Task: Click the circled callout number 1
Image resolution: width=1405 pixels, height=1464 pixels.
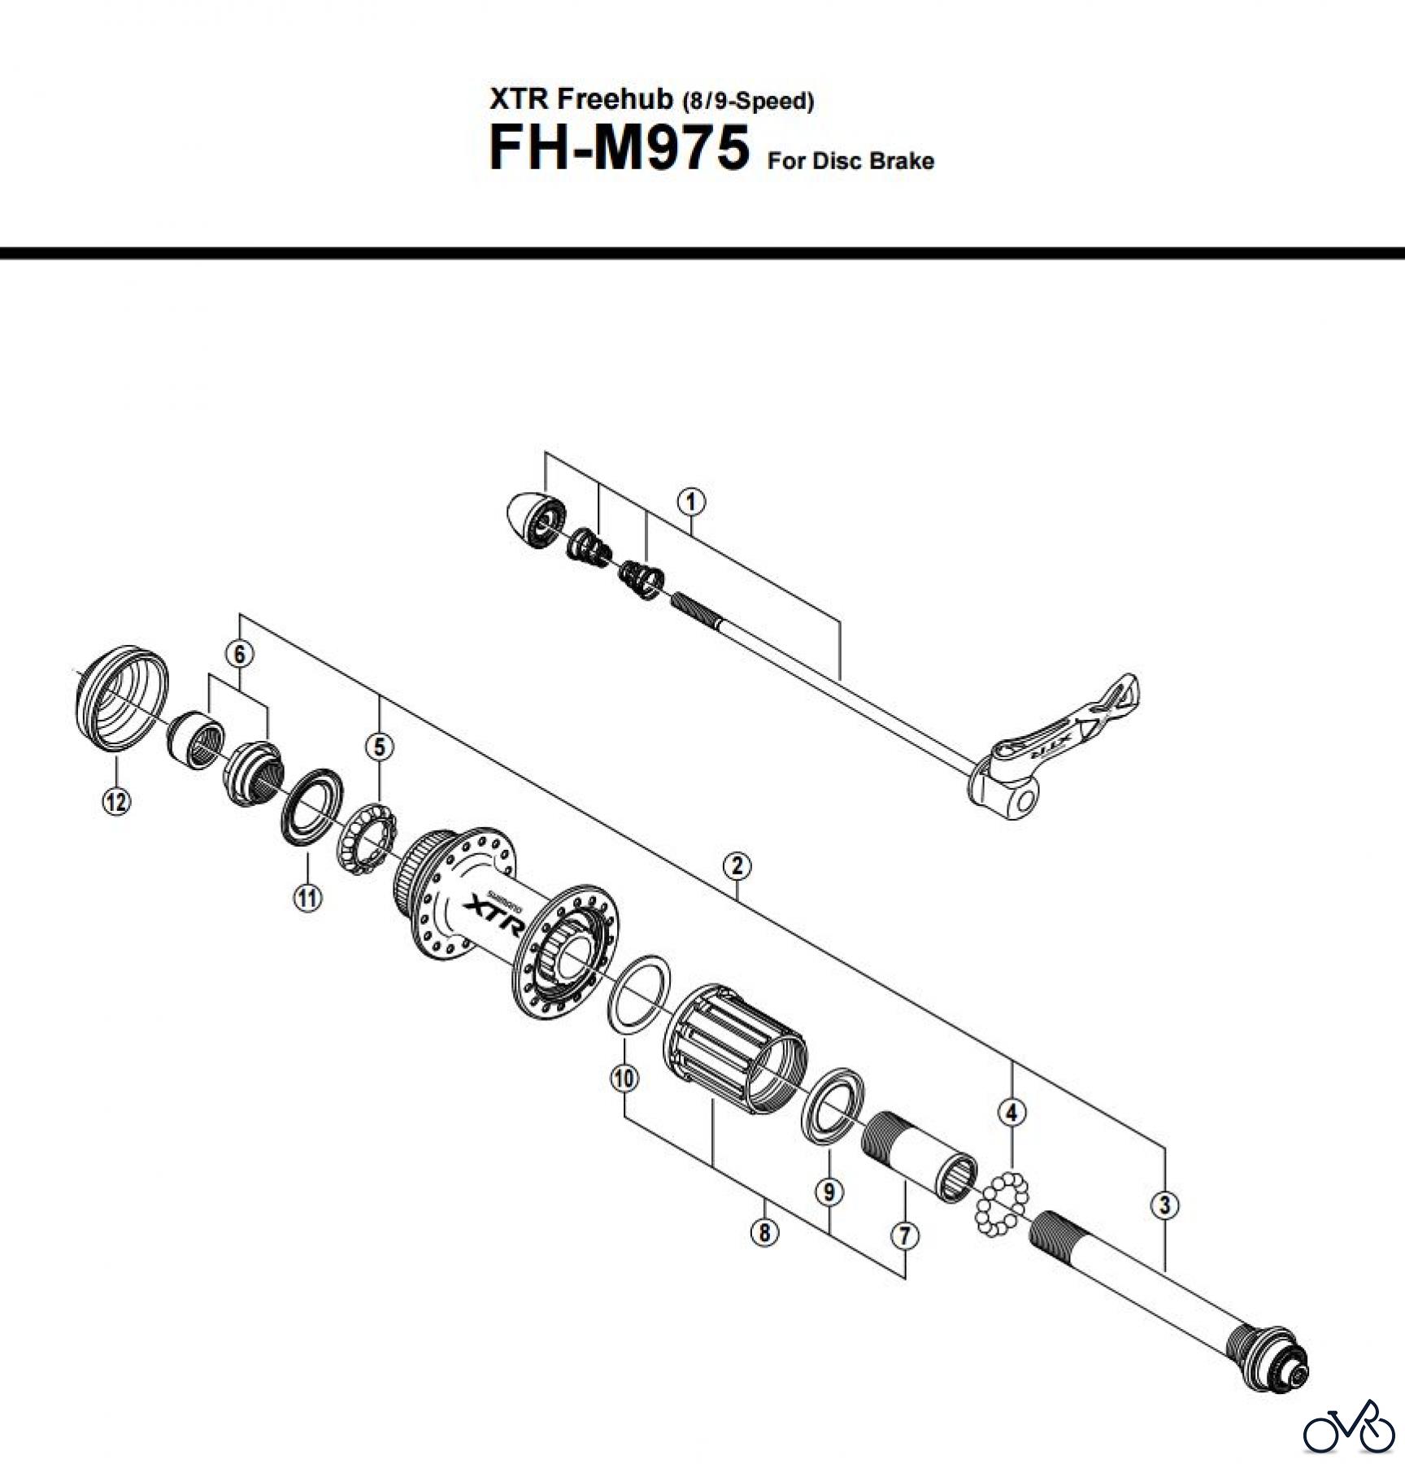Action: click(x=690, y=501)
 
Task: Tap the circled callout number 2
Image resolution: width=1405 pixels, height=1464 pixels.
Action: click(x=737, y=865)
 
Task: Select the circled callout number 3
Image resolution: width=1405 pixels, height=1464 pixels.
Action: click(x=1165, y=1205)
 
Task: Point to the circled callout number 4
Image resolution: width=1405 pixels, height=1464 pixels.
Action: click(x=1011, y=1112)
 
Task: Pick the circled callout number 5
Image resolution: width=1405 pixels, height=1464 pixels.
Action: click(x=380, y=746)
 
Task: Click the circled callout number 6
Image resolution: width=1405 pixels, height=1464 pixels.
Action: click(x=240, y=653)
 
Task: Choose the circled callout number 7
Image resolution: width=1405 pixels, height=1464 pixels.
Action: click(x=904, y=1235)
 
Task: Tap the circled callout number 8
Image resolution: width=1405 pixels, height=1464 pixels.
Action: click(x=764, y=1232)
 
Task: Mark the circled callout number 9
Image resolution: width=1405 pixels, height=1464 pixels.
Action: click(x=829, y=1192)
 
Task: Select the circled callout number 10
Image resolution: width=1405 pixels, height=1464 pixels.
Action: click(x=624, y=1078)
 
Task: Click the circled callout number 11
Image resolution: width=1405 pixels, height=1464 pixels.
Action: click(x=307, y=898)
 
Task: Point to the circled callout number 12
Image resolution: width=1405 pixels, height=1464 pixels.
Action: click(x=116, y=801)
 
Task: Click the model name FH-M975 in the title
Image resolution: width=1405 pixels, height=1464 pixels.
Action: click(x=618, y=149)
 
